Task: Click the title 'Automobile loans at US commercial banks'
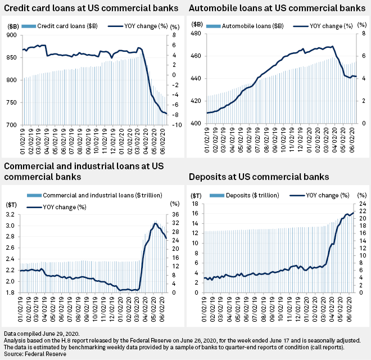277,8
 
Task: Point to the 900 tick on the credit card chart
11,35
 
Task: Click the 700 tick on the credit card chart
11,124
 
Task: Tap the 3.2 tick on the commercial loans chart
11,214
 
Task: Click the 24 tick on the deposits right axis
363,204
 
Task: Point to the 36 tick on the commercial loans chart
175,214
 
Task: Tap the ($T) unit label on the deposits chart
197,195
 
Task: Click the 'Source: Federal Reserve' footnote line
34,354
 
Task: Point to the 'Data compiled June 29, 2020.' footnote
46,334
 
